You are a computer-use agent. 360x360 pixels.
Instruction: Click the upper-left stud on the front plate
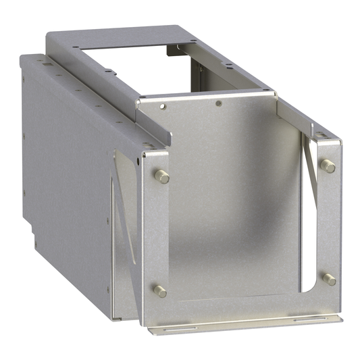click(x=162, y=176)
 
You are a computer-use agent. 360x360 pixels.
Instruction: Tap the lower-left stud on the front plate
click(x=161, y=290)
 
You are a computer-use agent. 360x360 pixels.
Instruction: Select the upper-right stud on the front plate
click(x=328, y=165)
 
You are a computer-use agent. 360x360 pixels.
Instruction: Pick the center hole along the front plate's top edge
click(x=218, y=104)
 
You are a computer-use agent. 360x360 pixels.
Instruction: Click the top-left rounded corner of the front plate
click(x=144, y=157)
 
